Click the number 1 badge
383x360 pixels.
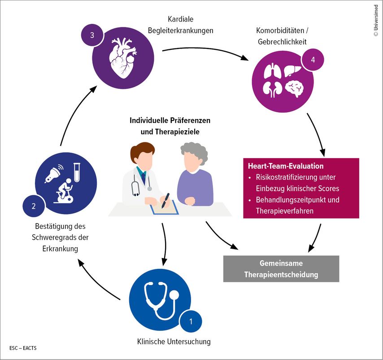point(191,321)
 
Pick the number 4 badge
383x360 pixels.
point(313,61)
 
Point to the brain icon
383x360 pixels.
point(296,88)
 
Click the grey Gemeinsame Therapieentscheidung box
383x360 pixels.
point(281,268)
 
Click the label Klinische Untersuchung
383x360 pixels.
point(174,342)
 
